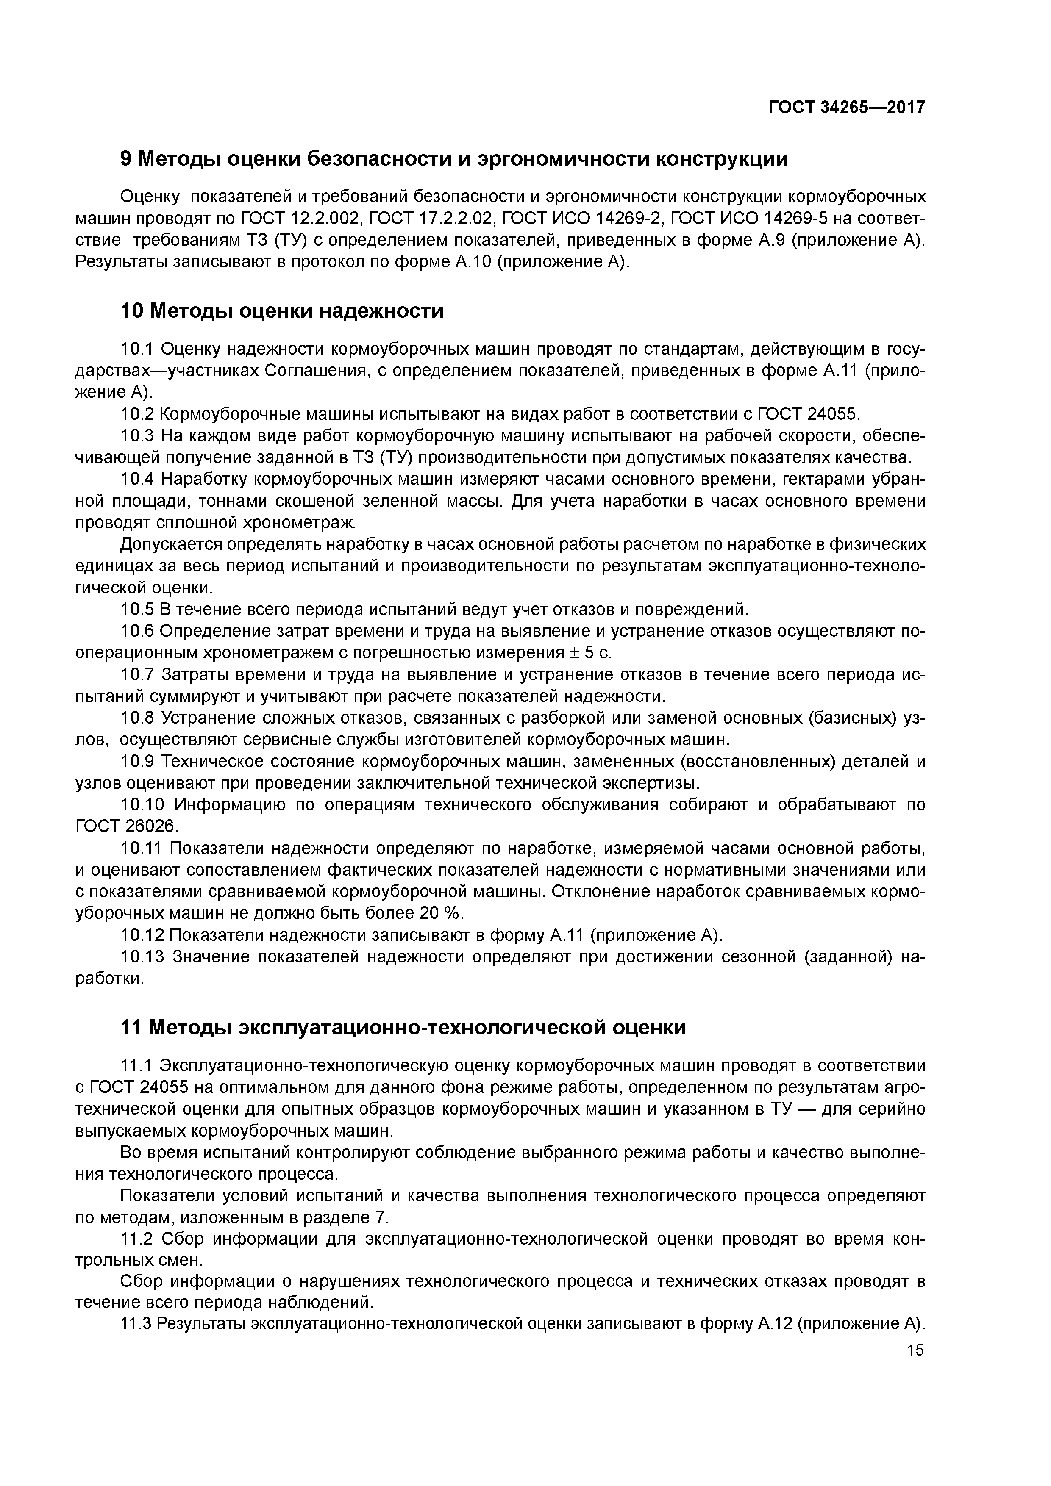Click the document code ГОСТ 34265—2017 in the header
pyautogui.click(x=846, y=108)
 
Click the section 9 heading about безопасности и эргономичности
pyautogui.click(x=455, y=158)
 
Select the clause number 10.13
pyautogui.click(x=142, y=956)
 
